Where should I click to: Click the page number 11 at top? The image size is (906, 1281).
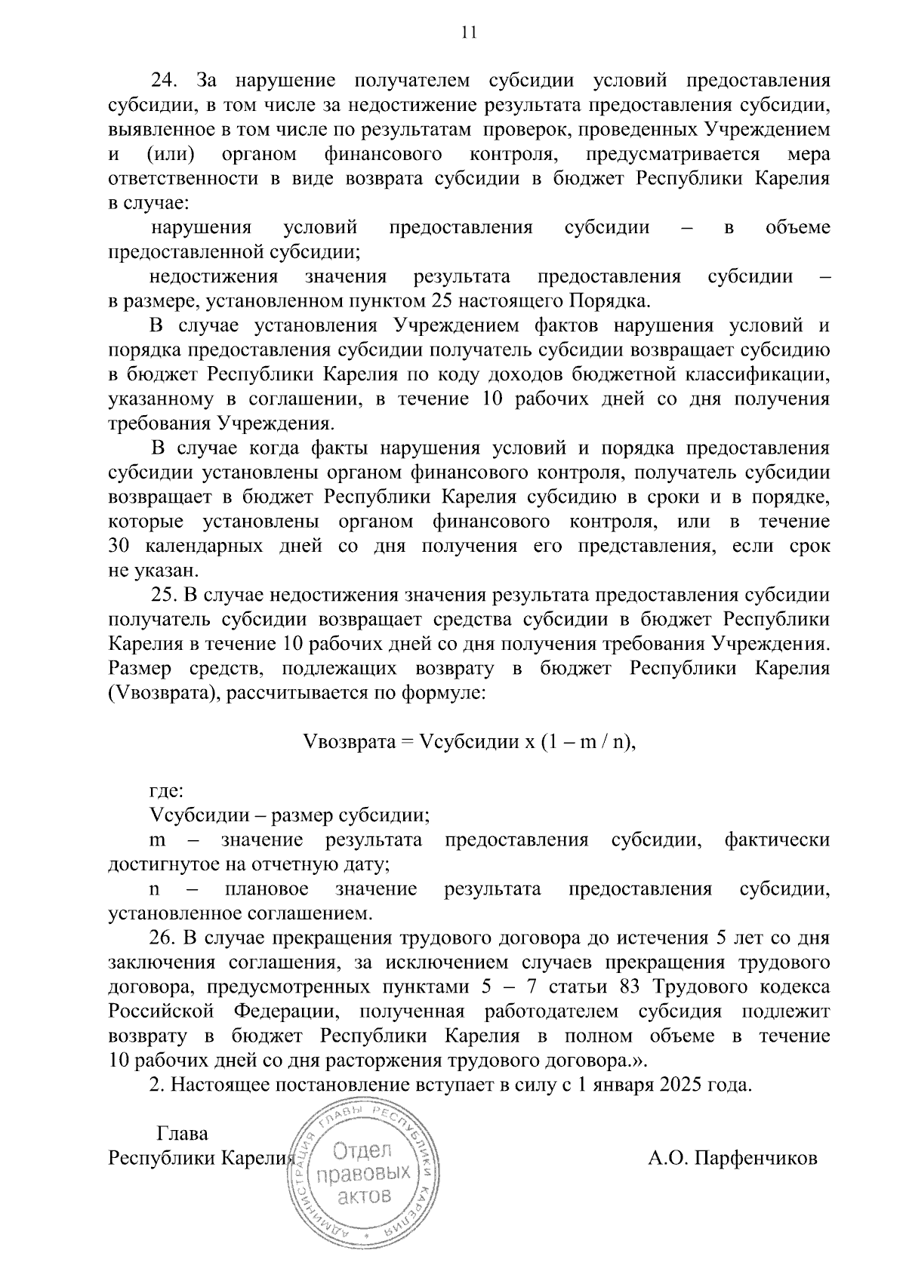point(468,32)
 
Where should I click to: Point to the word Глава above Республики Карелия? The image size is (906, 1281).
point(181,1134)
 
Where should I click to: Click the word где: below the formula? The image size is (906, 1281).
point(166,791)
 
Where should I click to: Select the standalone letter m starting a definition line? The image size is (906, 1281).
point(158,840)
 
